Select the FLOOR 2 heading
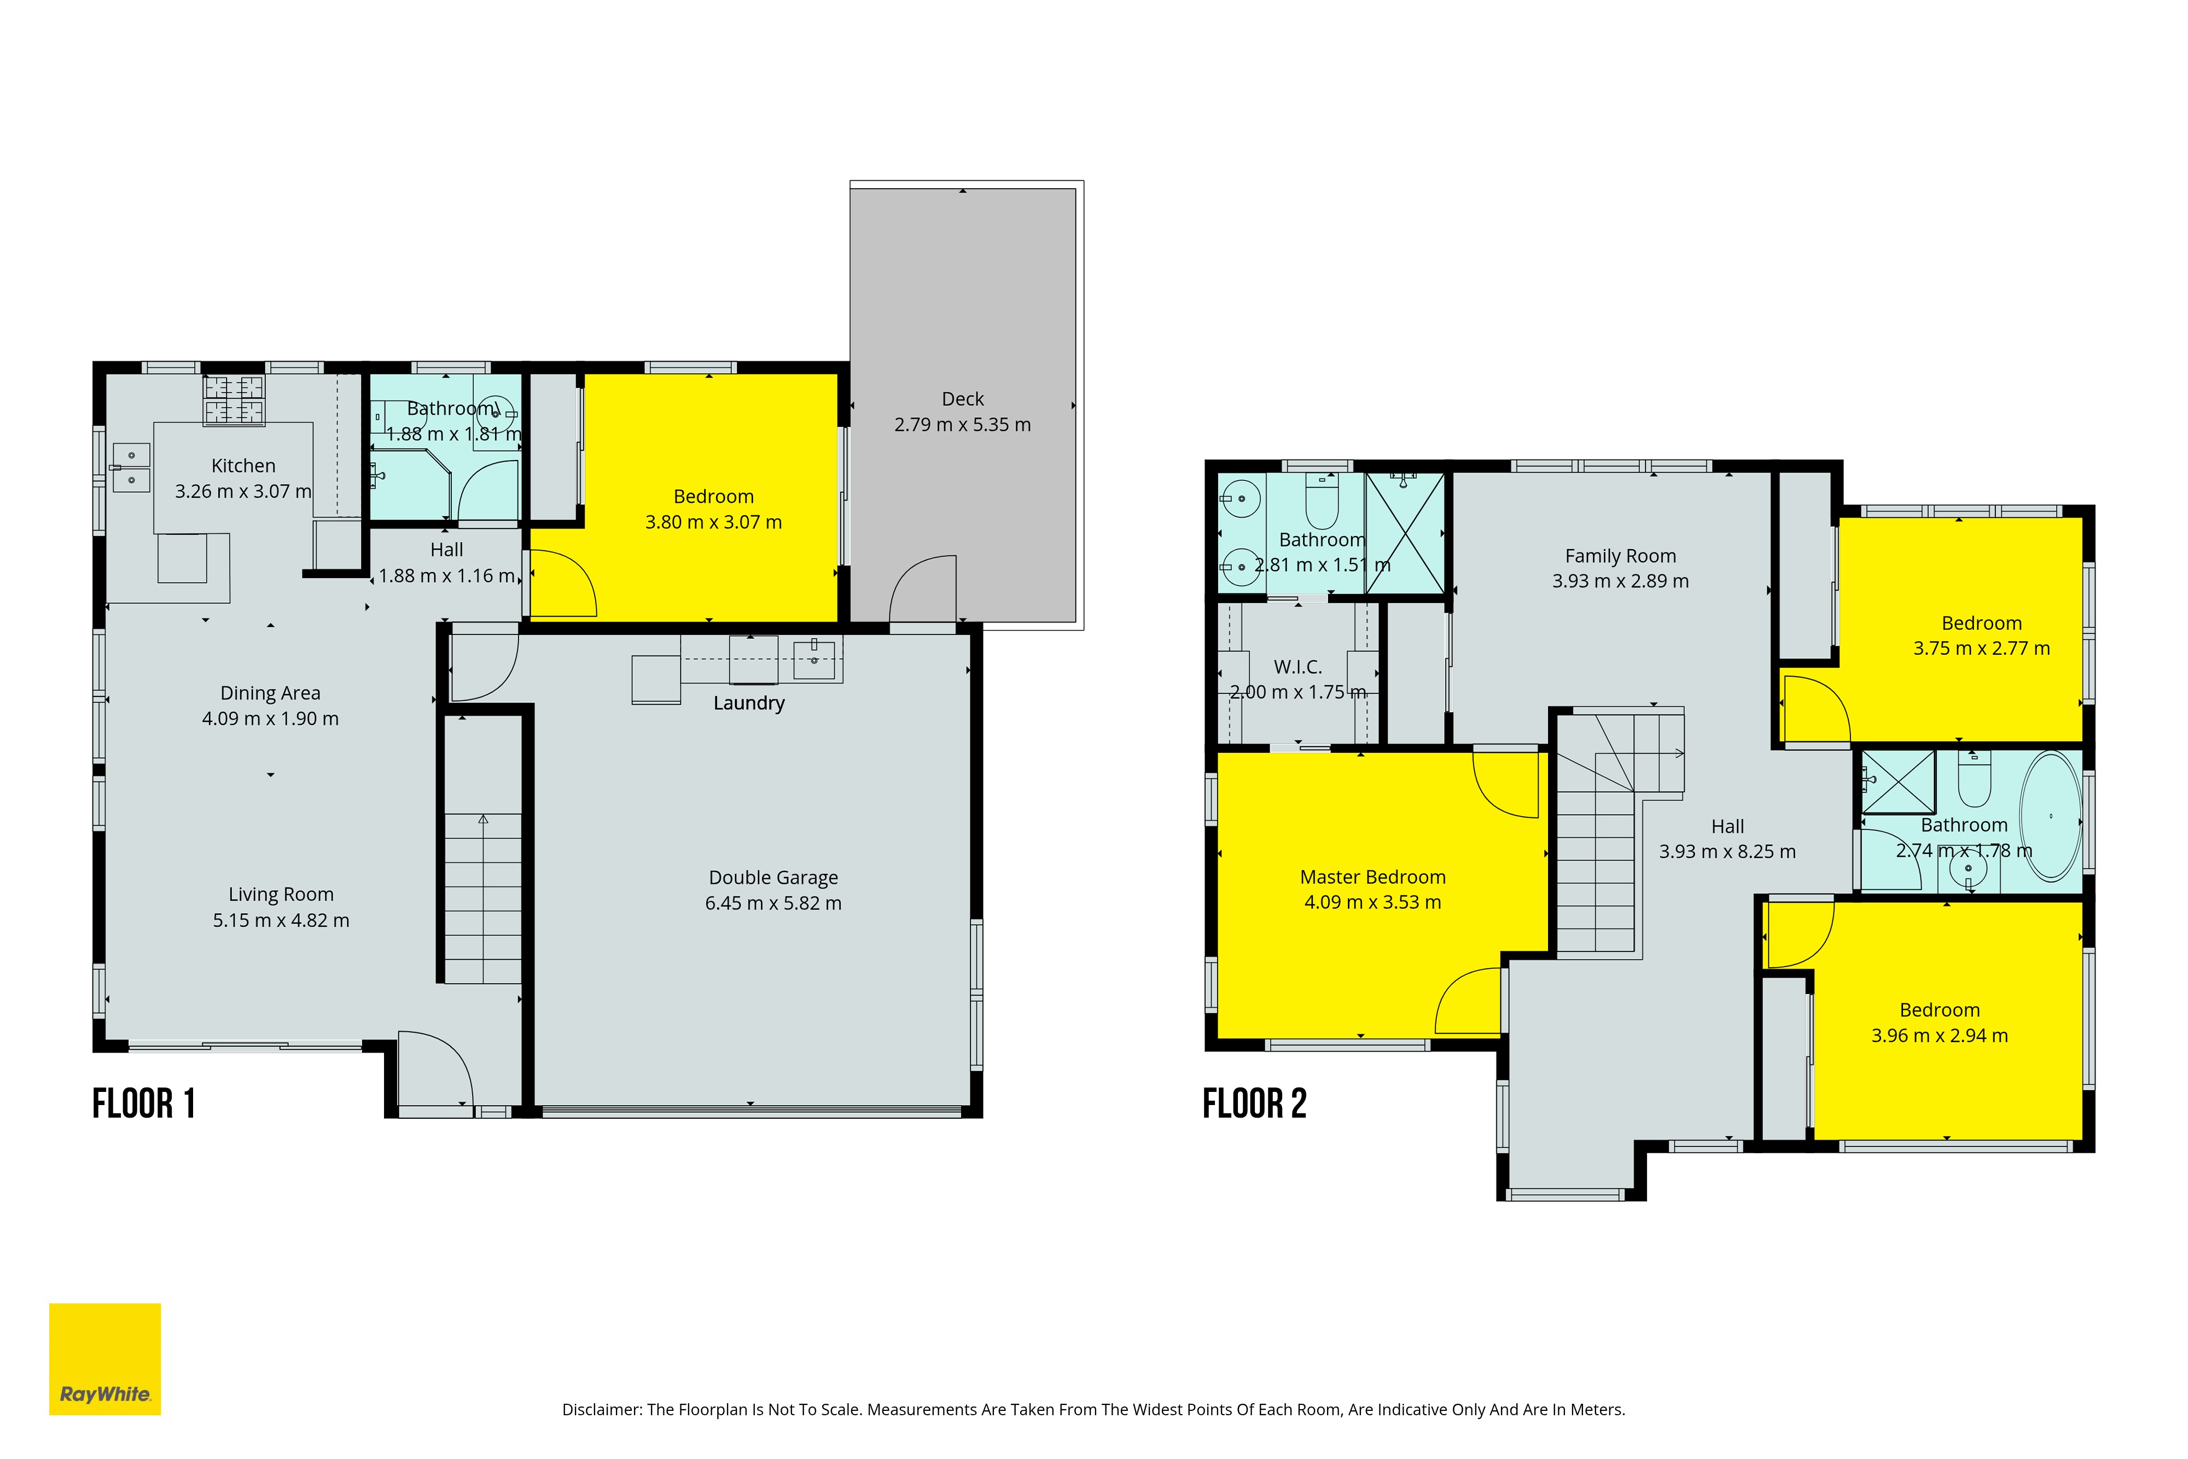[x=1255, y=1105]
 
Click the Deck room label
[x=962, y=399]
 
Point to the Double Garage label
[x=773, y=877]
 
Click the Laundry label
[x=749, y=704]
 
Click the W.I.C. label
[x=1297, y=667]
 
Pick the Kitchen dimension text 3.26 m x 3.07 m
[x=244, y=491]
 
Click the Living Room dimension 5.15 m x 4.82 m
[x=281, y=920]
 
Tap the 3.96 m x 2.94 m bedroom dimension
[x=1940, y=1036]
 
